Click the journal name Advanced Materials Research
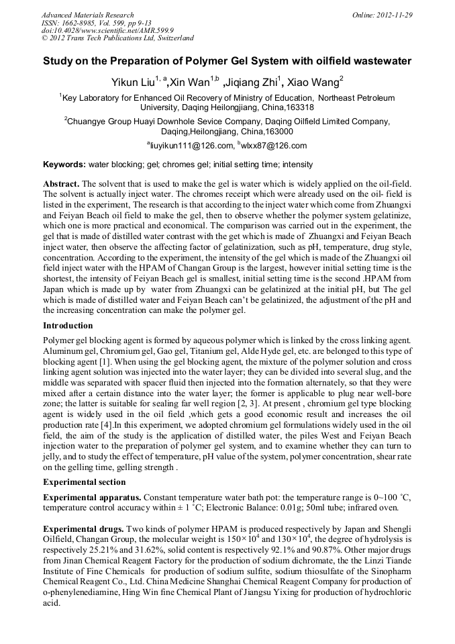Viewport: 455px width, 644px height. (x=87, y=15)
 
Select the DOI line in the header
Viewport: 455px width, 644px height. (x=108, y=30)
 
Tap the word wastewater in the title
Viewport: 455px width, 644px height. (x=374, y=61)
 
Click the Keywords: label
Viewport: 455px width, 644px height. (x=64, y=165)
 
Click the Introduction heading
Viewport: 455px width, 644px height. (x=68, y=325)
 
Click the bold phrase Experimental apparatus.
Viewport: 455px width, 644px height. (x=92, y=497)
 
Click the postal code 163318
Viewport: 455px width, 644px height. (x=297, y=107)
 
